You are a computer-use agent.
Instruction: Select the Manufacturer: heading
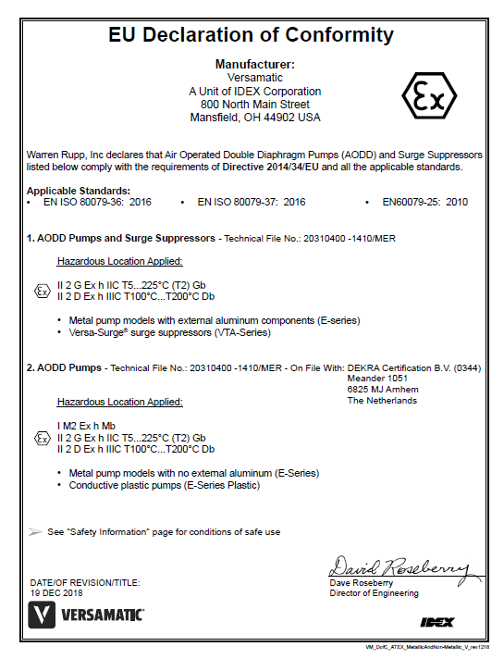(254, 65)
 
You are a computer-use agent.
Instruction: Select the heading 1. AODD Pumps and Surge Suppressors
(120, 238)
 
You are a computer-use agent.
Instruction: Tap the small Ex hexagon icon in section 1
(42, 291)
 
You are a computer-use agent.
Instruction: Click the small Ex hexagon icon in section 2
(42, 437)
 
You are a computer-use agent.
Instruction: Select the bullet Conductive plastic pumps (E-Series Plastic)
(165, 485)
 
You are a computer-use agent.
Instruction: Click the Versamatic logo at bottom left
(87, 614)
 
